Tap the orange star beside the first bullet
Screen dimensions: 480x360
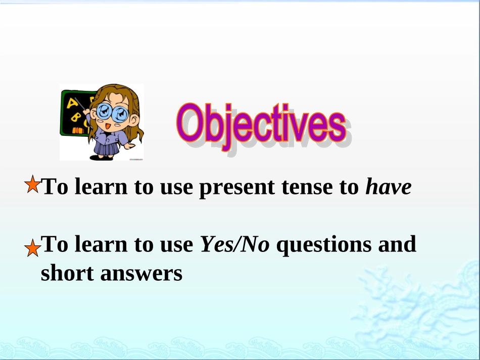32,184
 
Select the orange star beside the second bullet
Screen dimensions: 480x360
32,248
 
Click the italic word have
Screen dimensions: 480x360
389,186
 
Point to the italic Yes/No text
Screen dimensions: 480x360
235,244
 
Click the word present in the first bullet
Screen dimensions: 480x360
237,188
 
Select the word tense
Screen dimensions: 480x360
307,187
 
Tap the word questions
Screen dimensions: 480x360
324,245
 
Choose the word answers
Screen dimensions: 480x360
141,274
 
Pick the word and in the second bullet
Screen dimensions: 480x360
397,244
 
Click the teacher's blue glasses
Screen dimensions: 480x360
112,113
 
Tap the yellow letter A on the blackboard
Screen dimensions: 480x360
72,104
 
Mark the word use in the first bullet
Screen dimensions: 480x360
176,187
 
